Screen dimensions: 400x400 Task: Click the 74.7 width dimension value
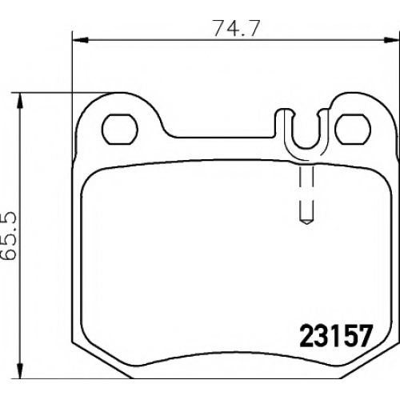point(237,28)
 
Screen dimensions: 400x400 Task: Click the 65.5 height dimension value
point(10,236)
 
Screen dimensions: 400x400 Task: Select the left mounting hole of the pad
point(120,129)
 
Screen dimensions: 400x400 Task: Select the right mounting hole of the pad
point(353,129)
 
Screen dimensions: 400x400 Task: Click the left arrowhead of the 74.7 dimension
point(80,40)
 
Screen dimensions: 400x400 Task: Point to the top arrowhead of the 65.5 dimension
point(19,101)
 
